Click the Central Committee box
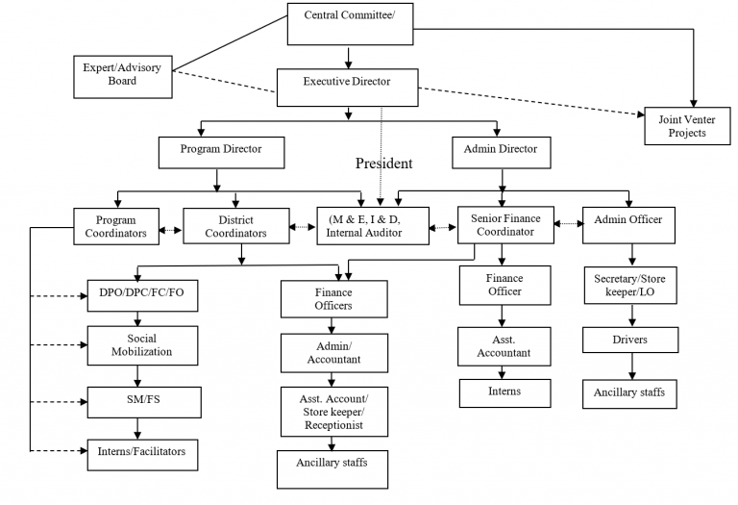pos(348,24)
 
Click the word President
pos(383,164)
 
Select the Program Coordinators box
pos(115,225)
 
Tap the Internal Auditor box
pos(373,225)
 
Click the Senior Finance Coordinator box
pos(505,225)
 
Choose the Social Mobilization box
pos(142,344)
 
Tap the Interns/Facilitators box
pos(142,450)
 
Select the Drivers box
pos(629,340)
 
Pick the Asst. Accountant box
pos(504,346)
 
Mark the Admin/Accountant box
pos(333,352)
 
